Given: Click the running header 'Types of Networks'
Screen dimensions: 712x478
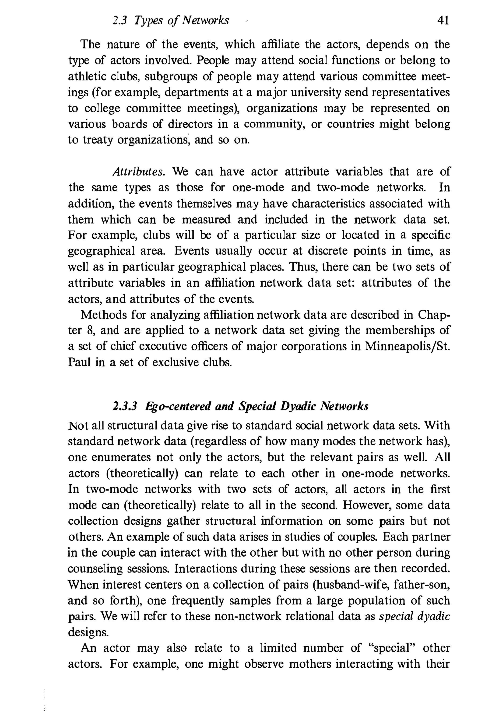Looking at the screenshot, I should point(181,21).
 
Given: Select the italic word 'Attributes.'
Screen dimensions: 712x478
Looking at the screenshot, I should point(139,172).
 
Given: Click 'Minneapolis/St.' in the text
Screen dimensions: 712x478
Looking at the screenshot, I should point(407,347).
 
